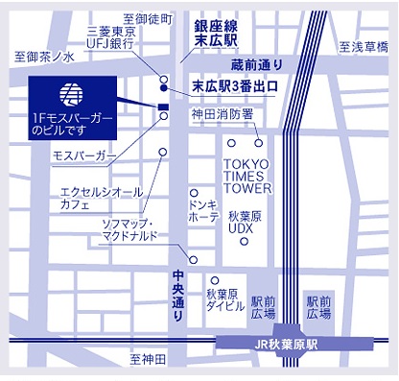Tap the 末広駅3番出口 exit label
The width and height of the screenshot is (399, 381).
235,86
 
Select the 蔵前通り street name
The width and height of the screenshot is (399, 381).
257,64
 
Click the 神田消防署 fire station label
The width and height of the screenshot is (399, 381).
222,114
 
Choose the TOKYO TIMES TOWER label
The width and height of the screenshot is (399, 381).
247,176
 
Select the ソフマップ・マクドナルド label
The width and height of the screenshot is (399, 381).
137,230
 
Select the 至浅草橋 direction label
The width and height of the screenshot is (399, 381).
364,45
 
